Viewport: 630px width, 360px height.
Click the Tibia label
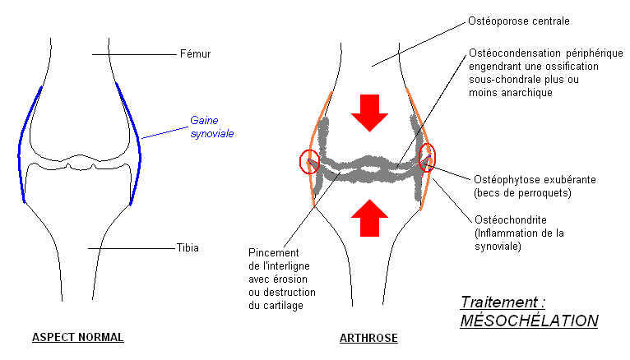click(188, 247)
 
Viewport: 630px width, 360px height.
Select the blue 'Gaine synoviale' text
click(212, 125)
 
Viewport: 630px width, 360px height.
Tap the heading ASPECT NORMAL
click(77, 338)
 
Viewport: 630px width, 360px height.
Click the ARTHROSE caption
click(369, 338)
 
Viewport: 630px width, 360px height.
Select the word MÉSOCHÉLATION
click(529, 321)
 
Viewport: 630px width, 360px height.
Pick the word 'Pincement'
click(271, 252)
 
